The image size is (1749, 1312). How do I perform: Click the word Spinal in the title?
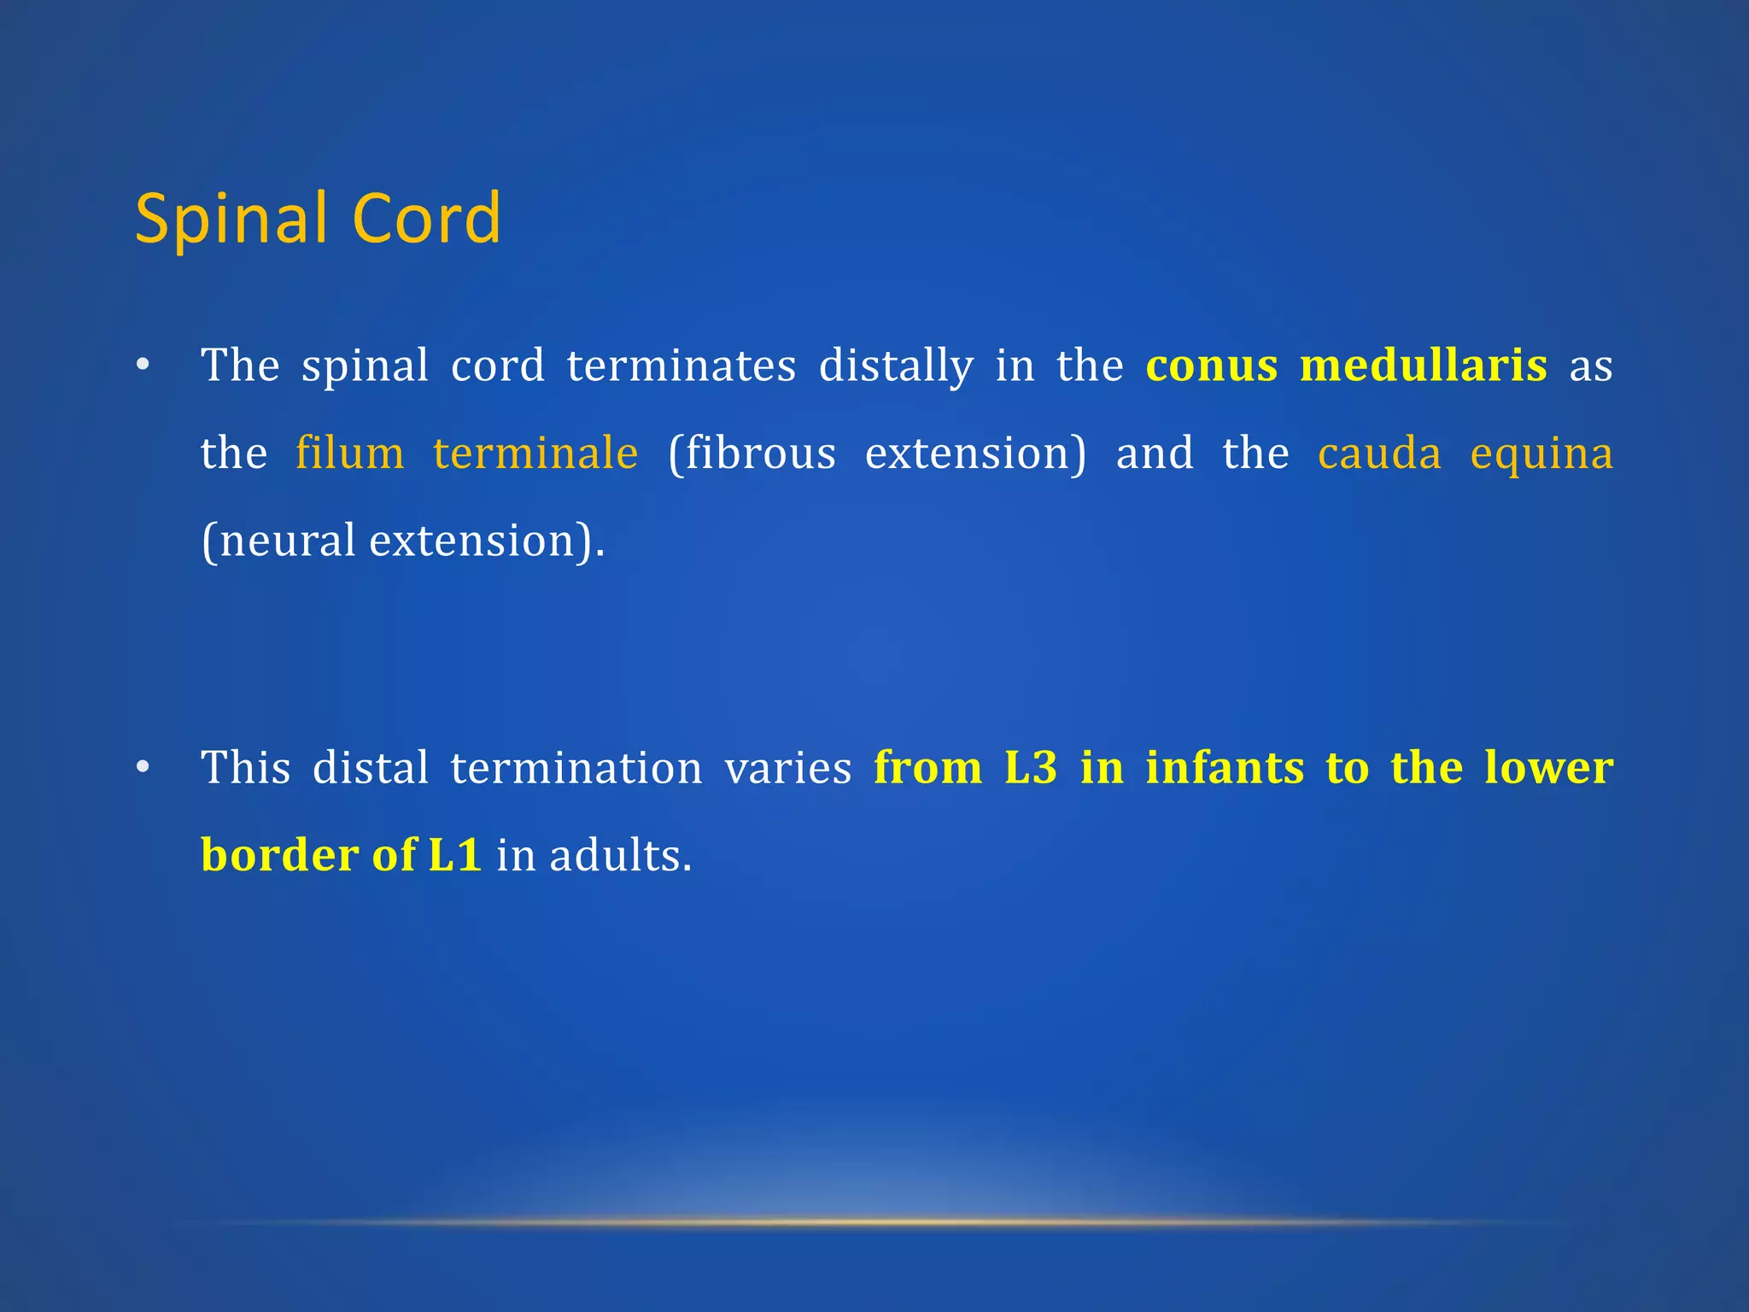(231, 220)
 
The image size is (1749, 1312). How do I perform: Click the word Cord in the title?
(426, 218)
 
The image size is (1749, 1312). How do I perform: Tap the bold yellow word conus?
(1212, 366)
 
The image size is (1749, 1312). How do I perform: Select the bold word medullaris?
(1424, 365)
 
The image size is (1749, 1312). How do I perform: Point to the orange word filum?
(350, 452)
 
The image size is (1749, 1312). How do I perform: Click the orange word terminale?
(535, 452)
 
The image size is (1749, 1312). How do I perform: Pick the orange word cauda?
(1379, 452)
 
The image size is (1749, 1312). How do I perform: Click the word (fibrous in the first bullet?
(752, 453)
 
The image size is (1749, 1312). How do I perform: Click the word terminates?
(681, 366)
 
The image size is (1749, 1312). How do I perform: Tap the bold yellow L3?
(1031, 767)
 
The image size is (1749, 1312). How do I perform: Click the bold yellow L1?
(455, 855)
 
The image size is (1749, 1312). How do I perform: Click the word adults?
(620, 855)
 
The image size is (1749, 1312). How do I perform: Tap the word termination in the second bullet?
(576, 767)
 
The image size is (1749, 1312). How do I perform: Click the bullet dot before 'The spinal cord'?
(143, 366)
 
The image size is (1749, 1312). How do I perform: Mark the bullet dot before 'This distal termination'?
(143, 767)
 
